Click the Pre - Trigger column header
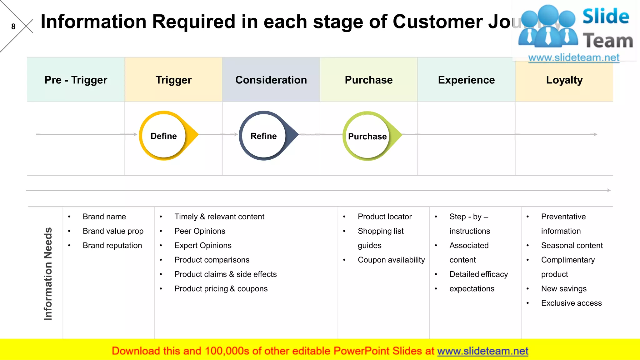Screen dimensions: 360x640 (76, 80)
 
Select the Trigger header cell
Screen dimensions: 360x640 (173, 80)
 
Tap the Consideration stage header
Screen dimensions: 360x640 (271, 80)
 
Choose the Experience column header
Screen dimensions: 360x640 (466, 80)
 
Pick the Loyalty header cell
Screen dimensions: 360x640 (564, 80)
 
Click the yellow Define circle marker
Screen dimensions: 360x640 (164, 136)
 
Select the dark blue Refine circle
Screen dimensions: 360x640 (264, 136)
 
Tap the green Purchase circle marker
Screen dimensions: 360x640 (367, 136)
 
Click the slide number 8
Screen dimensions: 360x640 (13, 27)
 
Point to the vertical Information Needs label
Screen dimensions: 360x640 (48, 274)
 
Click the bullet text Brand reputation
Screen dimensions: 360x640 (112, 245)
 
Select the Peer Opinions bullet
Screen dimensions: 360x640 (200, 231)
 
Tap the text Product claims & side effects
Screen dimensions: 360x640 (225, 274)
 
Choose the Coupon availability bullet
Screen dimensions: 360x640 (391, 260)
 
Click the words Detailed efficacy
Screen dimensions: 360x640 (478, 274)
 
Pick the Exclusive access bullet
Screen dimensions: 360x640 (571, 303)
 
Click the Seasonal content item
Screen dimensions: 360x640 (572, 245)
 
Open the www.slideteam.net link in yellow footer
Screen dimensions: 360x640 (482, 351)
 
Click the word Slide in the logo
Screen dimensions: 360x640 (606, 16)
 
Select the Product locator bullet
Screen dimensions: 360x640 (384, 217)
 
